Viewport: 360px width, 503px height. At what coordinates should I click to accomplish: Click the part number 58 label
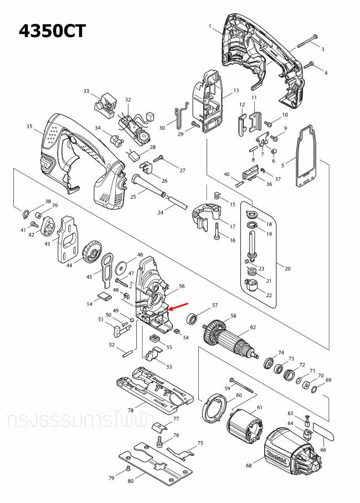coord(233,316)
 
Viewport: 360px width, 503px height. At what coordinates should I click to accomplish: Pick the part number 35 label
coord(29,127)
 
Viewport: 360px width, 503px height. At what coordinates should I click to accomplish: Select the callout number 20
coord(287,268)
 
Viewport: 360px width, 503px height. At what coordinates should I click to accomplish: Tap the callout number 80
coord(131,481)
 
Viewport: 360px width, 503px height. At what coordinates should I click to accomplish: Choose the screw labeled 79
coord(128,468)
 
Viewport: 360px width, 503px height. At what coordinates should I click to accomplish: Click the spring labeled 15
coord(217,195)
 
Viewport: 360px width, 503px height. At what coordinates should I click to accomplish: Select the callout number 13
coord(236,90)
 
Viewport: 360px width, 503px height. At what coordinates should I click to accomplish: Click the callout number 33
coord(86,91)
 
